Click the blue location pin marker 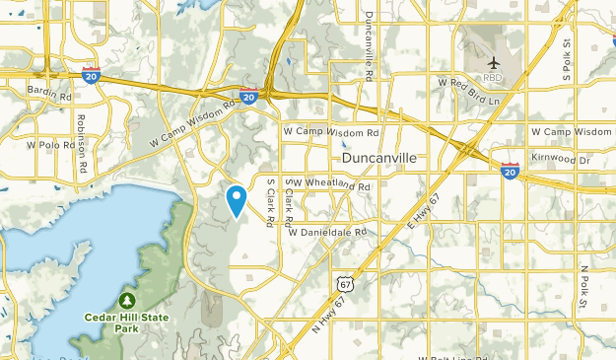tap(237, 200)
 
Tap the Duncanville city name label tap(379, 158)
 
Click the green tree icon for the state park tap(127, 300)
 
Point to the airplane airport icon tap(494, 64)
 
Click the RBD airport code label tap(494, 78)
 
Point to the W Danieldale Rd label tap(327, 232)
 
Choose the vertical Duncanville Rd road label tap(369, 44)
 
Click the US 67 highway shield tap(343, 283)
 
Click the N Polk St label tap(583, 285)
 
